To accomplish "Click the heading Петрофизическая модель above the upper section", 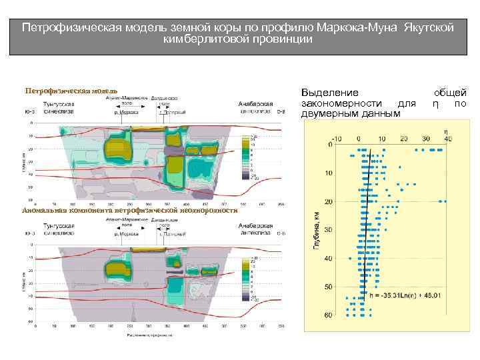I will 71,90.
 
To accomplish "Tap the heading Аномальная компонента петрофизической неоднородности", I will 129,210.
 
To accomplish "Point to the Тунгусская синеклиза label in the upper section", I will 59,108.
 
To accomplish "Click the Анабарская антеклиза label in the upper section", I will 257,108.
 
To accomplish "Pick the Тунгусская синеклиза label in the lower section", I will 59,229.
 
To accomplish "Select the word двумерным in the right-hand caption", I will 329,114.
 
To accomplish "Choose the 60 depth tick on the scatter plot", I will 329,315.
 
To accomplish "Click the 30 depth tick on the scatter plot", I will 329,230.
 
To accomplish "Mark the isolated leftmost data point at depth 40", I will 349,259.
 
